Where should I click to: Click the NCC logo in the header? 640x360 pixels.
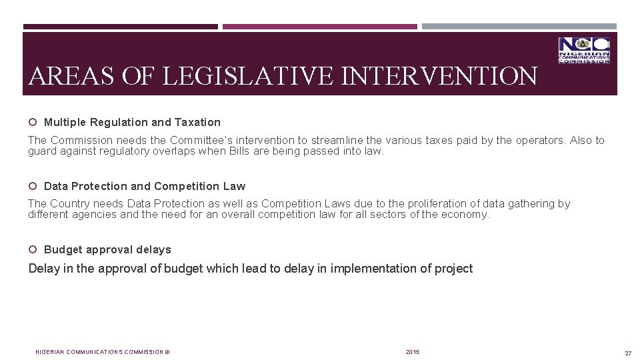coord(584,51)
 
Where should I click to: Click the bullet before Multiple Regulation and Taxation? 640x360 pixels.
coord(32,122)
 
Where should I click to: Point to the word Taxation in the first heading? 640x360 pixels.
coord(197,122)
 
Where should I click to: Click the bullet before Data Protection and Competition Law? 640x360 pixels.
coord(32,186)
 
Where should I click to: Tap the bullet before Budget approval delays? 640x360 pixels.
coord(32,249)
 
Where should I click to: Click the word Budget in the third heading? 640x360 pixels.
coord(61,249)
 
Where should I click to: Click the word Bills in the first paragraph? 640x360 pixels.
coord(239,151)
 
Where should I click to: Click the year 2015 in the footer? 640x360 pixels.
coord(413,352)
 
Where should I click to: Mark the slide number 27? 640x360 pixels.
coord(628,353)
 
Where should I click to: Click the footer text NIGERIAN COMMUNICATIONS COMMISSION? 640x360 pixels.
coord(99,352)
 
